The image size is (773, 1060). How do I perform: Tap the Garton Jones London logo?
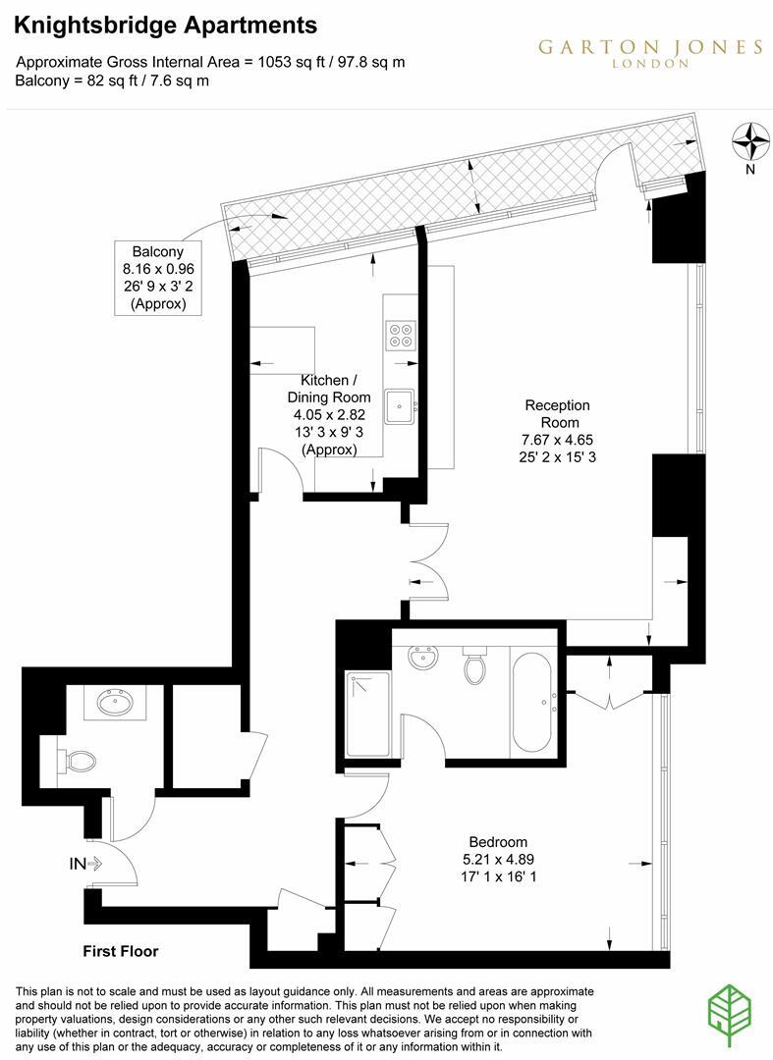coord(649,52)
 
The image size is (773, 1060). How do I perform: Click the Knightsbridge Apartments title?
coord(166,25)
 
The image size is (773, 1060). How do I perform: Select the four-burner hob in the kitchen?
coord(400,336)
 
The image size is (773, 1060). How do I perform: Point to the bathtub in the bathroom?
coord(534,701)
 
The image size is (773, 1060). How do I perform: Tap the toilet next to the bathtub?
coord(473,667)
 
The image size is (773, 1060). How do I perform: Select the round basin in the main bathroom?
coord(423,658)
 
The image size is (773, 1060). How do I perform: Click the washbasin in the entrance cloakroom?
coord(118,703)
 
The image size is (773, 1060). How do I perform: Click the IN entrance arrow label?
coord(86,864)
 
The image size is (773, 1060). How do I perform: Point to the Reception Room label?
coord(557,413)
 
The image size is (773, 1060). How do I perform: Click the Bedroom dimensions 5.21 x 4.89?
coord(498,859)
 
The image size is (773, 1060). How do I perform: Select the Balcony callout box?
coord(158,278)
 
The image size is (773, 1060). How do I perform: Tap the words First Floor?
coord(120,951)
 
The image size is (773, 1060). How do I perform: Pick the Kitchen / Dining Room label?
coord(329,389)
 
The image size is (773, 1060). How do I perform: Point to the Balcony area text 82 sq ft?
coord(115,80)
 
